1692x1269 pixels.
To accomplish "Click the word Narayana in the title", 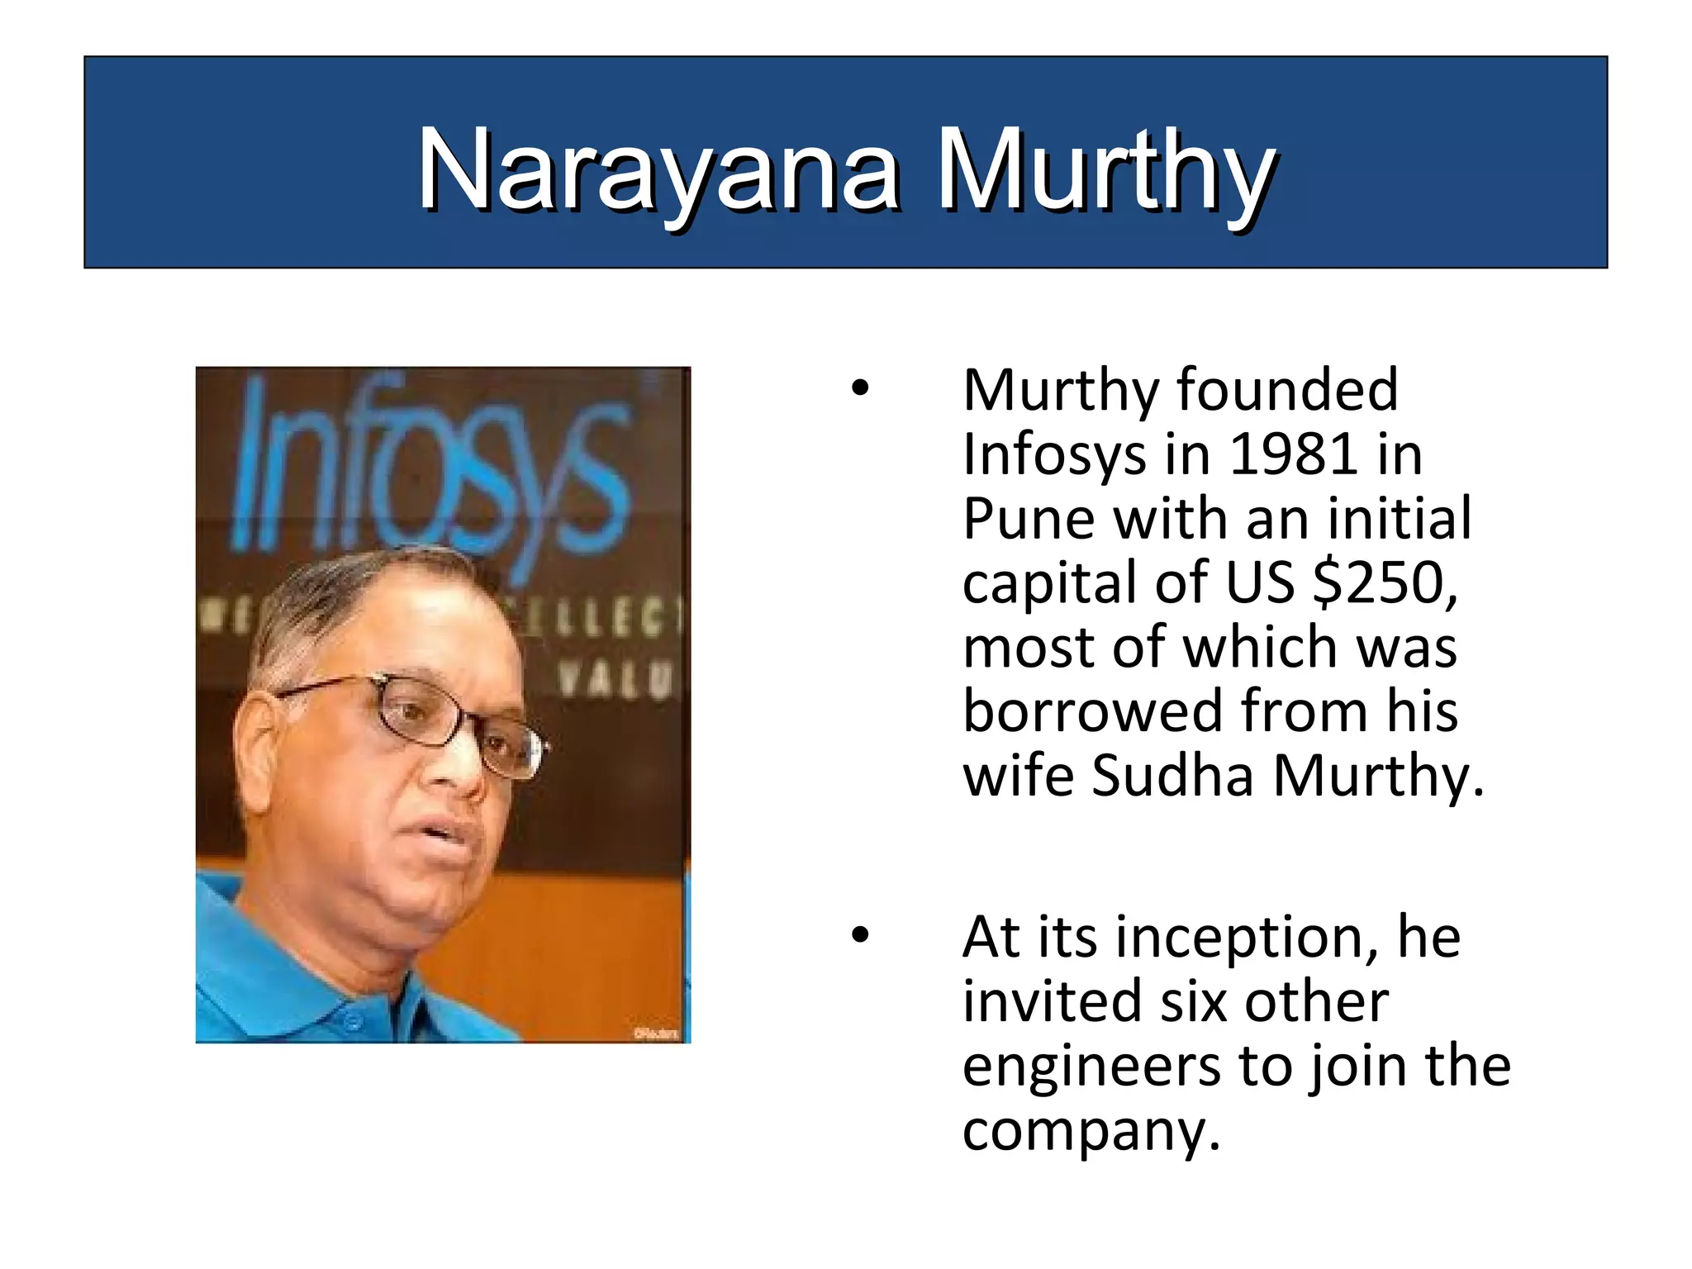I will (x=658, y=171).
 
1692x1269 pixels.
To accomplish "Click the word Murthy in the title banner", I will (x=1106, y=171).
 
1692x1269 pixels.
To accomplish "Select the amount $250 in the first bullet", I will (x=1384, y=583).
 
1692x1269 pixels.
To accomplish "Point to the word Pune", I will (x=1029, y=519).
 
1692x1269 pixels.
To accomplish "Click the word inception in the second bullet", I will (x=1246, y=938).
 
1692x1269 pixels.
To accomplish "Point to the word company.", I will (x=1091, y=1132).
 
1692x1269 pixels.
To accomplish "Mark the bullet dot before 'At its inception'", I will (x=861, y=936).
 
